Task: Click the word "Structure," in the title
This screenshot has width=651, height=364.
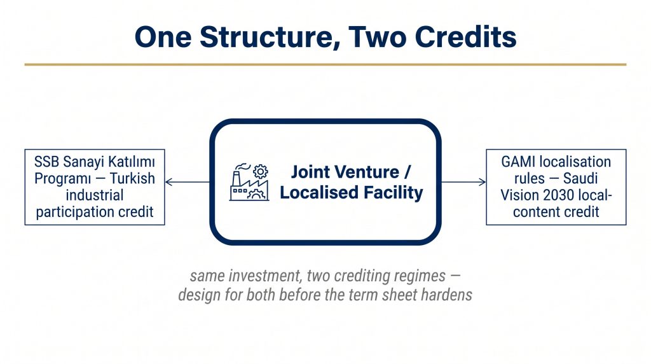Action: click(270, 38)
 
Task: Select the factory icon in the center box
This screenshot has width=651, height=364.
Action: click(249, 182)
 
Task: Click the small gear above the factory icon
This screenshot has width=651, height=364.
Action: click(260, 171)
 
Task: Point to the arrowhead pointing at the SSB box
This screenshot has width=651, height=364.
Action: click(168, 181)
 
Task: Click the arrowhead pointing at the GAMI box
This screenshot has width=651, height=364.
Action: click(482, 181)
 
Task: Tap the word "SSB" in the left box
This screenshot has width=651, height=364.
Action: click(46, 162)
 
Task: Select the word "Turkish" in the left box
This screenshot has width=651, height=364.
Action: click(132, 178)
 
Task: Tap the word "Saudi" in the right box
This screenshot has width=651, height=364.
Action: click(580, 178)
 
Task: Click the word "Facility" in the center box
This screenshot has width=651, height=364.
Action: click(393, 193)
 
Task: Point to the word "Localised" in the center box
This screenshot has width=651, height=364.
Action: click(319, 192)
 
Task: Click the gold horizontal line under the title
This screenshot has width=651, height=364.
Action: click(325, 64)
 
